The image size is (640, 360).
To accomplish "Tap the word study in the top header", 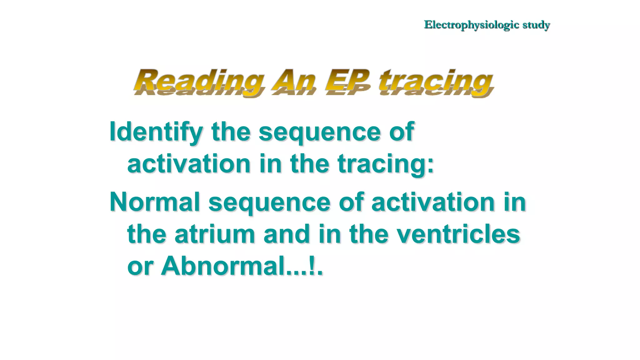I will (x=536, y=25).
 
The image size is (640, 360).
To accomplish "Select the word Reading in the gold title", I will (x=199, y=81).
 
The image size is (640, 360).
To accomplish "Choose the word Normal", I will (x=155, y=202).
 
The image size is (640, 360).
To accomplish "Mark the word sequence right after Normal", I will (x=269, y=203).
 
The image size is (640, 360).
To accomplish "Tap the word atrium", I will (x=215, y=234).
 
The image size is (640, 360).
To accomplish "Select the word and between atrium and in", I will (x=287, y=234).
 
